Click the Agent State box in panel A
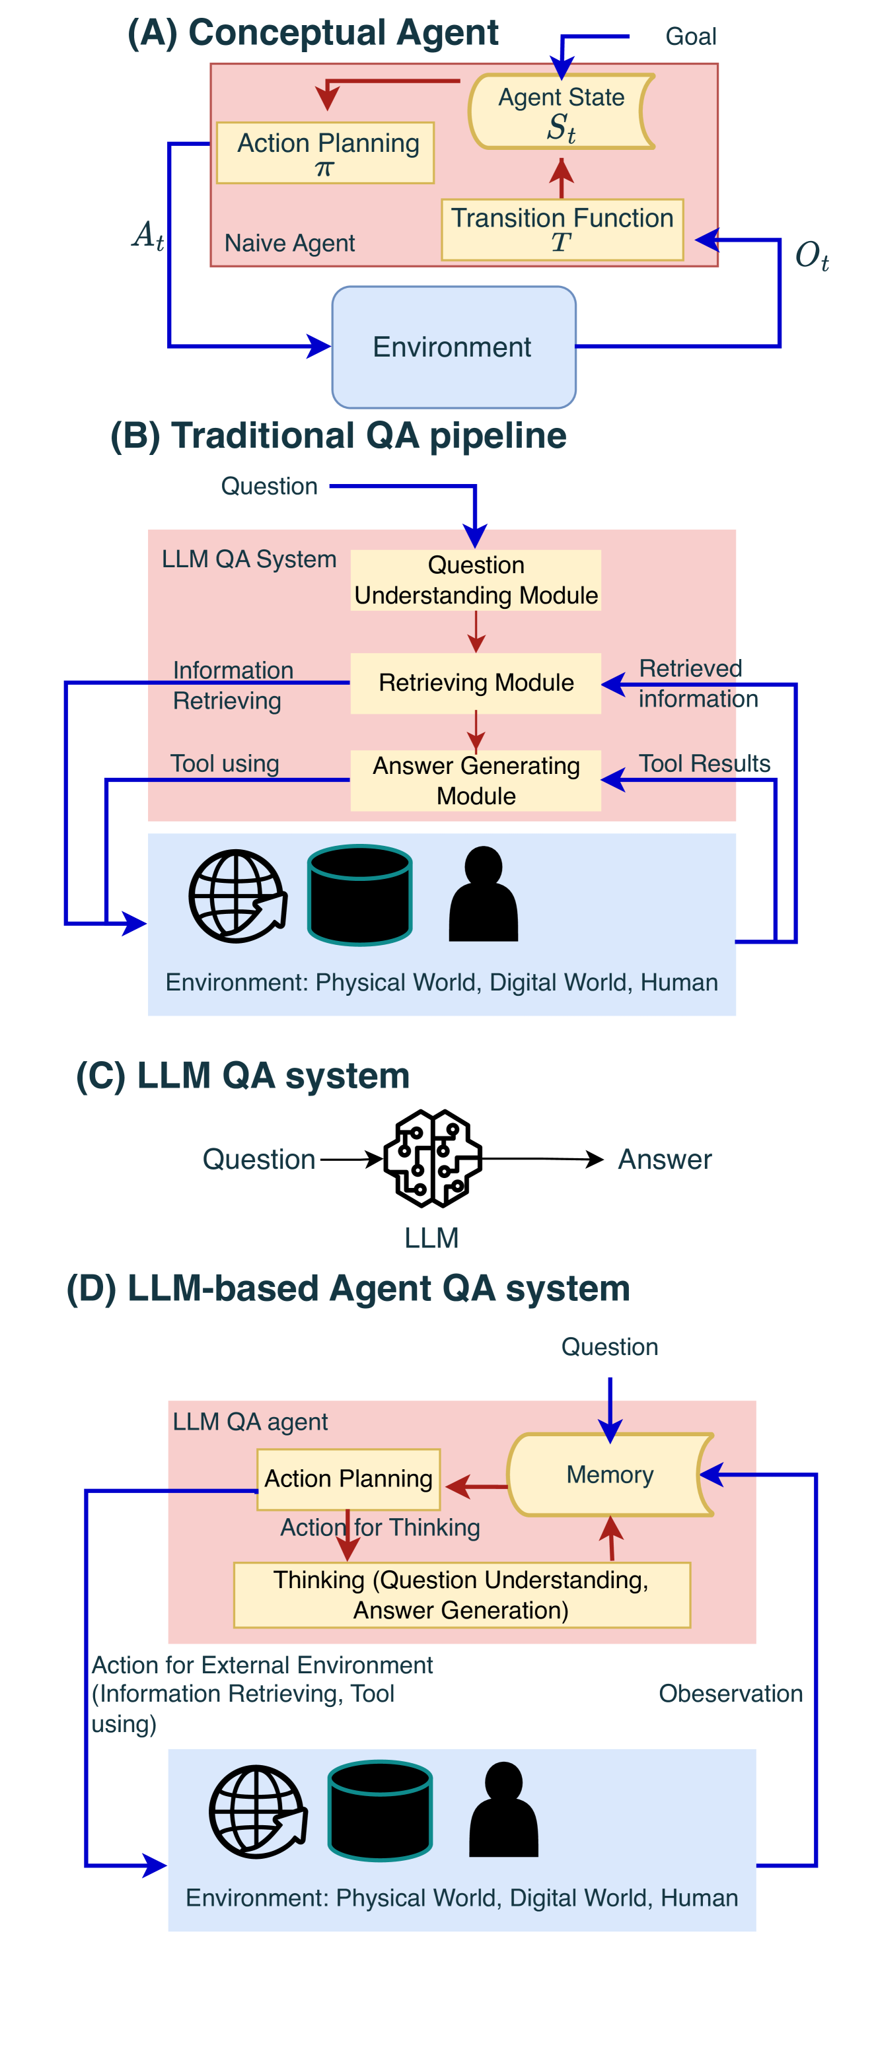562,112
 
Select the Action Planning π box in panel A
325,153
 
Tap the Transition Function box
562,230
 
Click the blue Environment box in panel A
453,347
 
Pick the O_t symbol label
812,256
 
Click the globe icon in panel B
238,896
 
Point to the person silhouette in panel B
483,894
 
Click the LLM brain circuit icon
432,1158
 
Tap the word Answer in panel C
665,1160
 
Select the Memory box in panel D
610,1475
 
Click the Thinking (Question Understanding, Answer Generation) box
461,1595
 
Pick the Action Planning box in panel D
348,1479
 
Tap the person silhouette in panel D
503,1810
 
